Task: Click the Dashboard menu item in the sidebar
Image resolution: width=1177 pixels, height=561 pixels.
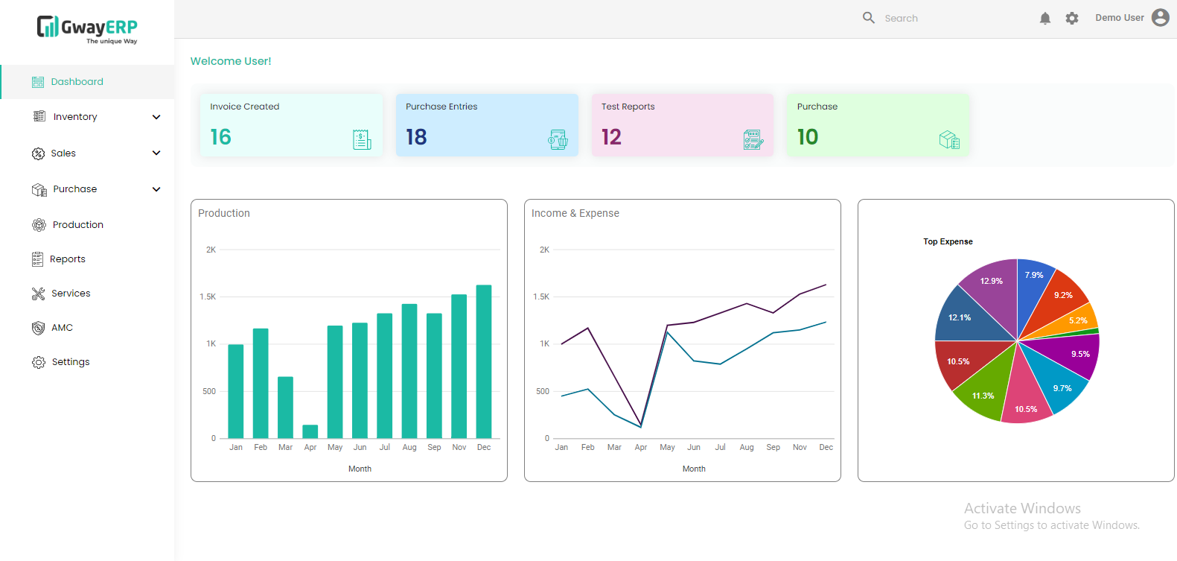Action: (x=77, y=82)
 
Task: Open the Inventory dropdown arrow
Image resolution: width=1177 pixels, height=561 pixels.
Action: (x=156, y=117)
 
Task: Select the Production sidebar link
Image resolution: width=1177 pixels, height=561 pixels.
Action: (x=77, y=225)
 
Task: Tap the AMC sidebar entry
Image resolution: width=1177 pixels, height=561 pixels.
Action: (x=62, y=328)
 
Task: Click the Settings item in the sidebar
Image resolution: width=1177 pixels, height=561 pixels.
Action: (x=70, y=362)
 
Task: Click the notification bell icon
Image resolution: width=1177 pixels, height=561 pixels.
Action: (x=1044, y=19)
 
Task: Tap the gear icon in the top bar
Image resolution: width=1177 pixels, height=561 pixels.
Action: (x=1071, y=19)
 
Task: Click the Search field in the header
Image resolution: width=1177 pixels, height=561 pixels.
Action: (x=938, y=19)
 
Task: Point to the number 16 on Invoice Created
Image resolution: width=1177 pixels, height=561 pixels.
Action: (x=220, y=137)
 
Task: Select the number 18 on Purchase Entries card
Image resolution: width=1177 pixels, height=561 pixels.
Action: (x=416, y=137)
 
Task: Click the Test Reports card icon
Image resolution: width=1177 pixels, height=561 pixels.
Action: (x=753, y=139)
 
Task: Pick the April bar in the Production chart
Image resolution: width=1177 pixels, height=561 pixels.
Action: (x=310, y=431)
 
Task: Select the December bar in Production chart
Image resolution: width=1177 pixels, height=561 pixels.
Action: (x=484, y=361)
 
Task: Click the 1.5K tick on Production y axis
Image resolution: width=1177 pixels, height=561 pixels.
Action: (x=208, y=297)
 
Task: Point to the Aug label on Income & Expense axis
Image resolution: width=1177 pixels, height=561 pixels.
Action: (x=747, y=448)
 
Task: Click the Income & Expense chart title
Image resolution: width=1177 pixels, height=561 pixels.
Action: (x=575, y=213)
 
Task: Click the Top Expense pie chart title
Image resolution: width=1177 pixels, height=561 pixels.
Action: (x=948, y=241)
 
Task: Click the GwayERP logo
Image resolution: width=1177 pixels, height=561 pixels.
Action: (x=87, y=29)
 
